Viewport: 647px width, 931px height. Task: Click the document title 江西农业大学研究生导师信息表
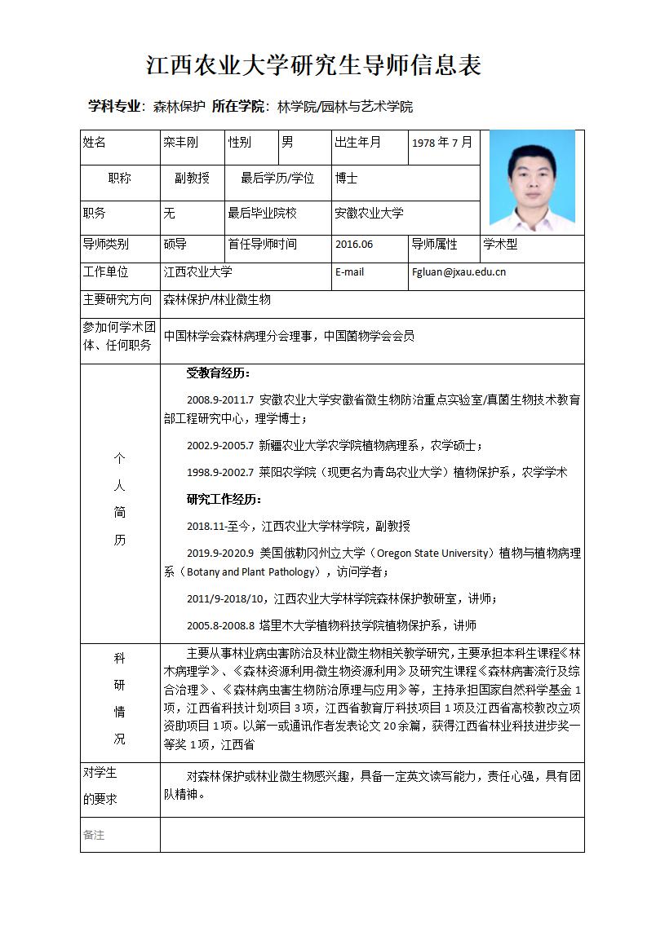point(314,65)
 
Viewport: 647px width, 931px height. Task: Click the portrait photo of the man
point(531,179)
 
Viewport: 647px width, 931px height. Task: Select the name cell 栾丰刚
point(180,143)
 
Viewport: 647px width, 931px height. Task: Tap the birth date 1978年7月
point(441,143)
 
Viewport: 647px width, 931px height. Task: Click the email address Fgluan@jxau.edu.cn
point(459,272)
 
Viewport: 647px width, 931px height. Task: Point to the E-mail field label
point(350,272)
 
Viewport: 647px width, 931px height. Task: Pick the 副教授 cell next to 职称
point(192,178)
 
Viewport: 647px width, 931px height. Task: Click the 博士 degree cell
point(347,178)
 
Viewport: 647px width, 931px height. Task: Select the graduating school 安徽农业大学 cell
point(369,214)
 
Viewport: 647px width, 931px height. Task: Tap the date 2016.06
point(354,245)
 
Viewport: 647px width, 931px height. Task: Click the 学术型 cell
point(500,244)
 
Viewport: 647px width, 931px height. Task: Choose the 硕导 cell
point(175,244)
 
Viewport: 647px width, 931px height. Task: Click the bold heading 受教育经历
point(219,373)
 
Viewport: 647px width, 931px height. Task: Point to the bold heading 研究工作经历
point(224,499)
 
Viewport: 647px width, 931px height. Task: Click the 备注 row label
point(95,836)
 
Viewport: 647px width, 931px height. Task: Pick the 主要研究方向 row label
point(117,300)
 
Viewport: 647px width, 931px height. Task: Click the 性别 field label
point(240,143)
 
